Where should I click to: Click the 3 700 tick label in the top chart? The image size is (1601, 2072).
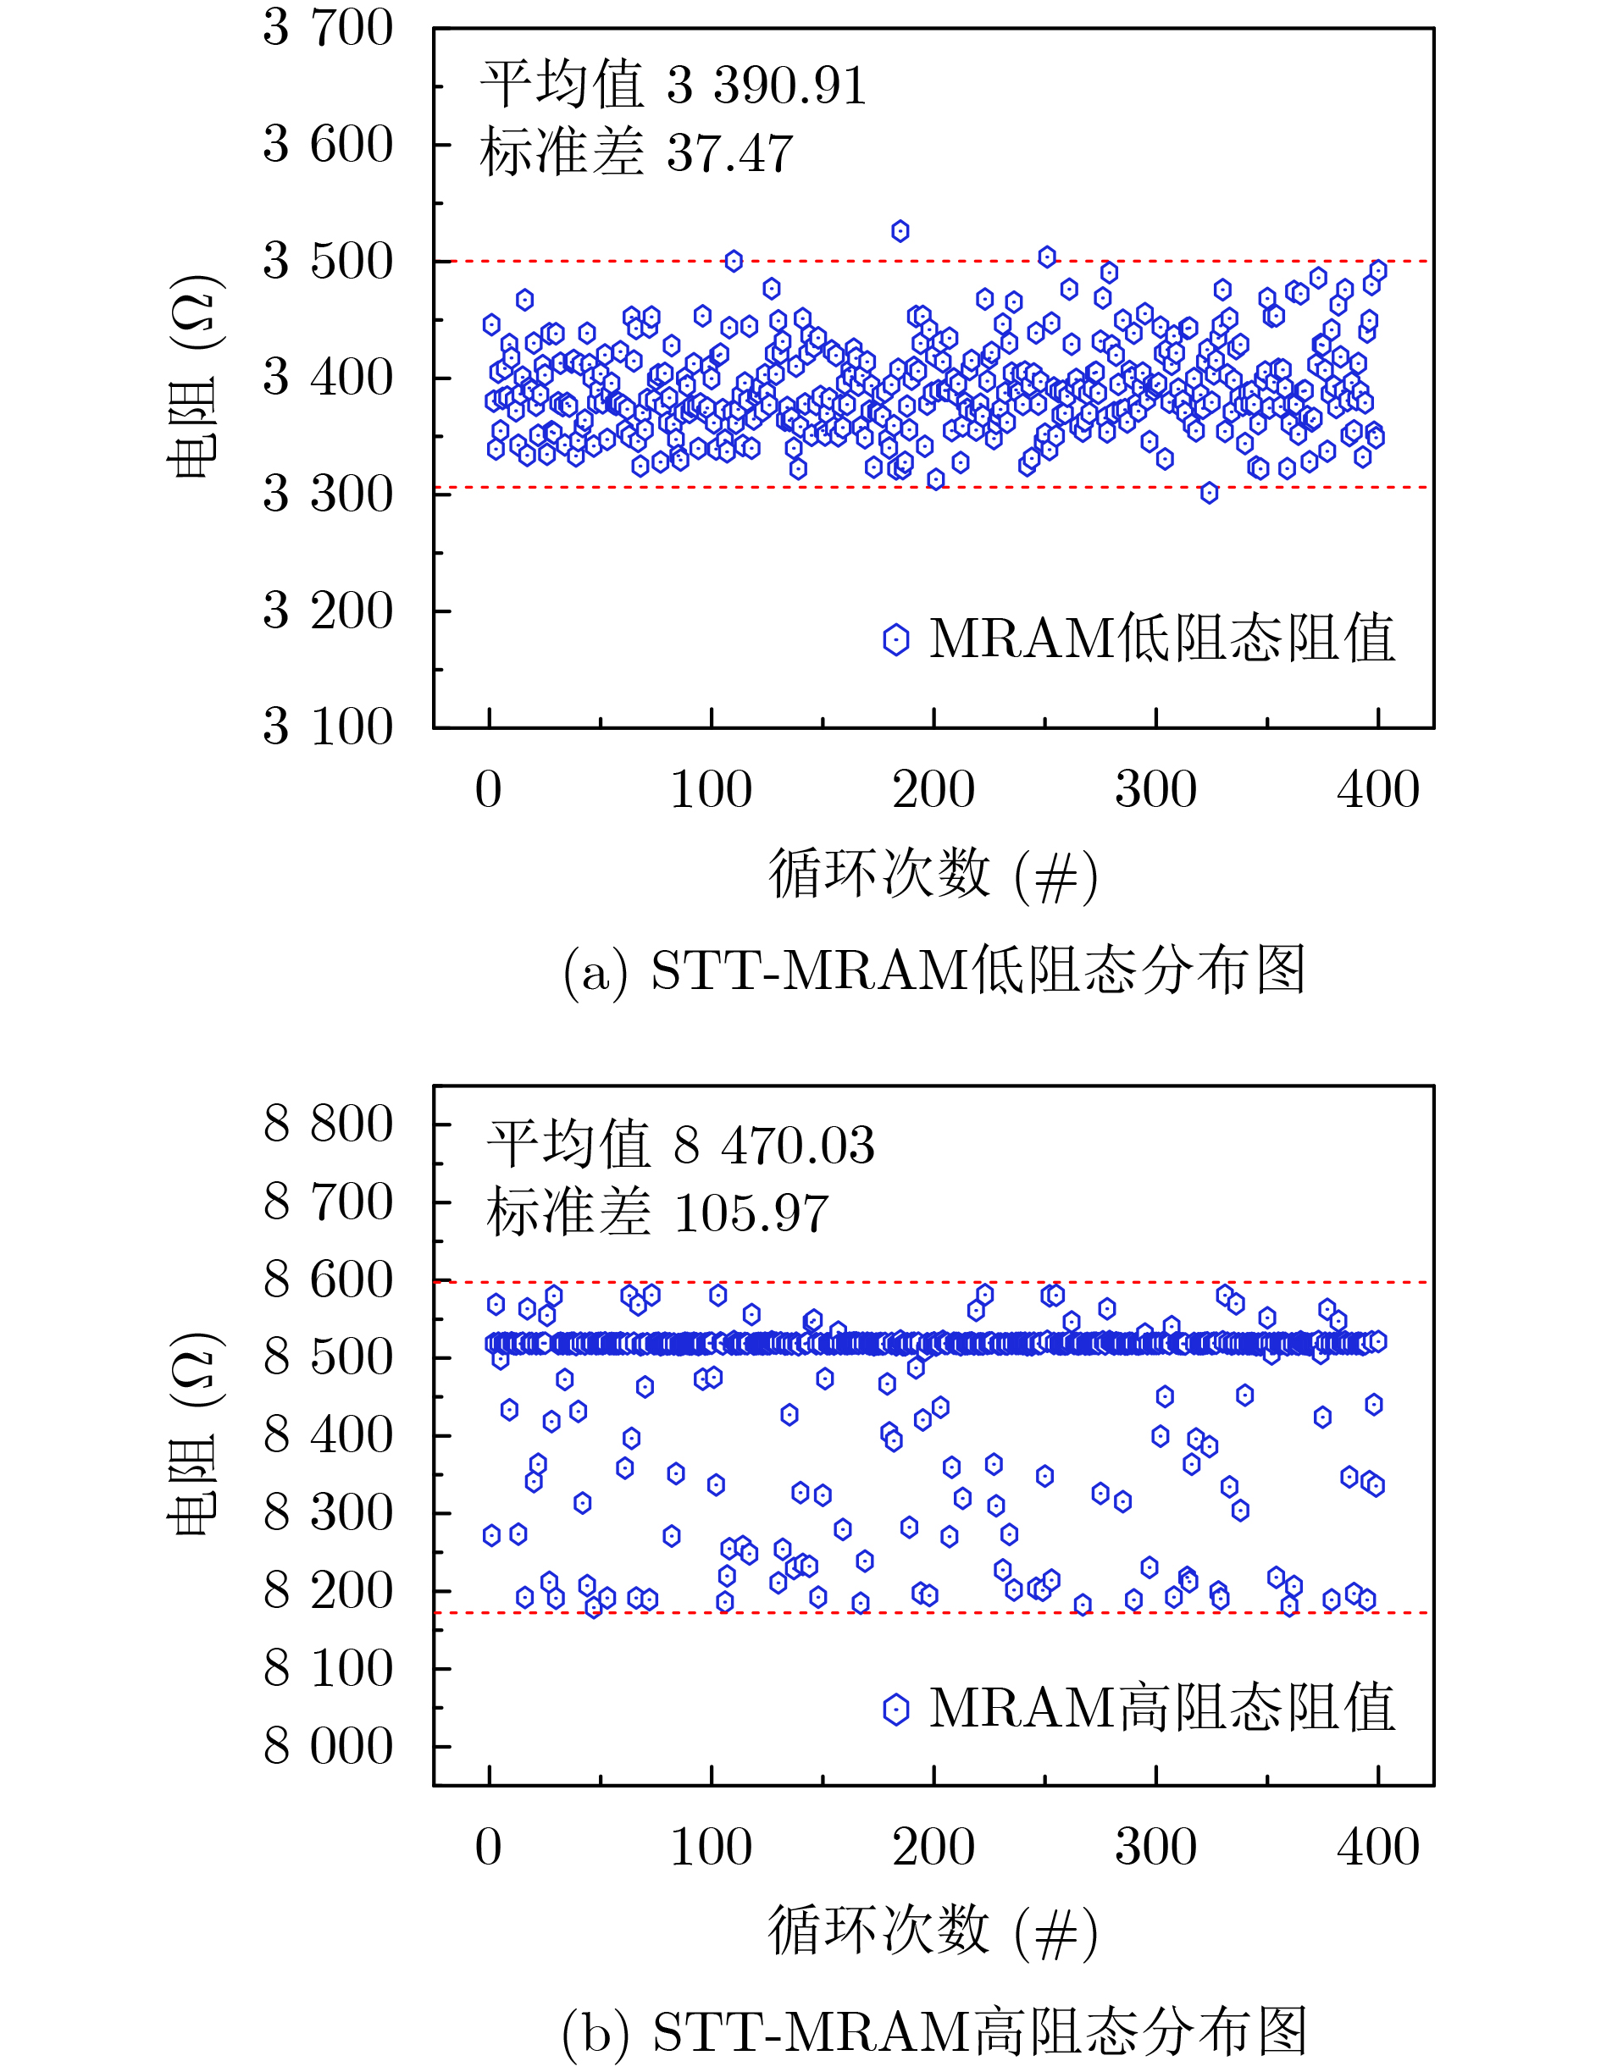point(328,29)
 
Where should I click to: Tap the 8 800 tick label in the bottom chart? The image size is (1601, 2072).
point(328,1124)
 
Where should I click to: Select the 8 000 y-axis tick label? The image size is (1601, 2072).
point(328,1747)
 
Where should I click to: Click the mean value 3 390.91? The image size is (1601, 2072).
point(766,86)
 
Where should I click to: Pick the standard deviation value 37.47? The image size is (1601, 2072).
point(730,154)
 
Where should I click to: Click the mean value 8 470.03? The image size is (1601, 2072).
point(773,1145)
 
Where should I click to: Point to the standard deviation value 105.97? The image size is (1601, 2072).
point(751,1213)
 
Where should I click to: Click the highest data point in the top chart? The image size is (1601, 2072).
point(900,231)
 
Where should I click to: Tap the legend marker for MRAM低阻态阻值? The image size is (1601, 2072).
point(896,639)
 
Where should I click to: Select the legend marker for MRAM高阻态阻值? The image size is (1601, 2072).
point(896,1710)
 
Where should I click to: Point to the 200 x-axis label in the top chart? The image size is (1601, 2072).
point(933,790)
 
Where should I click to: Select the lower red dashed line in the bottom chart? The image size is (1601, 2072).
point(949,1612)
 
